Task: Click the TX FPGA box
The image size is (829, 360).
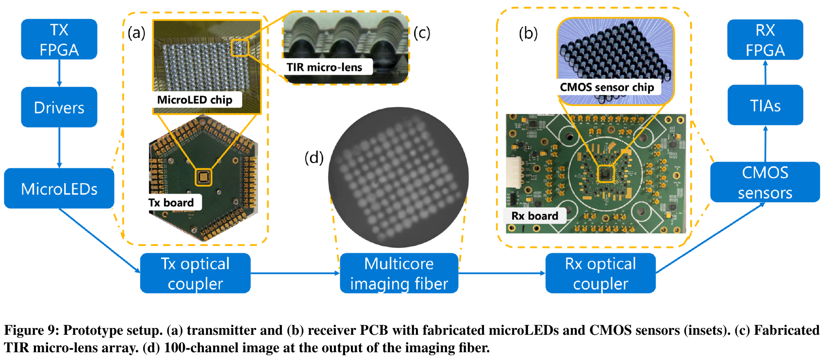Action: (x=59, y=39)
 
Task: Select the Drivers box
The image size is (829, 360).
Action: (x=59, y=107)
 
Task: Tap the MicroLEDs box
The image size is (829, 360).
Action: (x=59, y=188)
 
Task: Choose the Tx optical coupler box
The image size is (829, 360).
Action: (x=196, y=273)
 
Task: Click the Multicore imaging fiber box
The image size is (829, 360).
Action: (x=399, y=273)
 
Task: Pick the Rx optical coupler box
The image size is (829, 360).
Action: (x=600, y=273)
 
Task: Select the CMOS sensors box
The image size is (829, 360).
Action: (x=765, y=182)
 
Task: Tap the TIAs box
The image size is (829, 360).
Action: (x=765, y=105)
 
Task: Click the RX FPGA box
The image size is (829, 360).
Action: (x=765, y=40)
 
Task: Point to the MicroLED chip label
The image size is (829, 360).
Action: (x=195, y=99)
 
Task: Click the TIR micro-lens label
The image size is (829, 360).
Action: (x=325, y=67)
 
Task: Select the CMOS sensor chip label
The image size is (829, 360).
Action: (x=607, y=87)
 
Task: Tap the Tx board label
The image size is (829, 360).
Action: (x=172, y=202)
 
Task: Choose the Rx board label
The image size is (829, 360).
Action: (x=535, y=216)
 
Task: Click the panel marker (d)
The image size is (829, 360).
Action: (x=314, y=158)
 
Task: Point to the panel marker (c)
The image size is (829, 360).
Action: (x=422, y=33)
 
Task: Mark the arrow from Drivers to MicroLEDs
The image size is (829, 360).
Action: (x=59, y=147)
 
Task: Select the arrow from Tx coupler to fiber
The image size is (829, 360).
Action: (x=295, y=273)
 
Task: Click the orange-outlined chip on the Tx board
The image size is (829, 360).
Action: (x=203, y=177)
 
